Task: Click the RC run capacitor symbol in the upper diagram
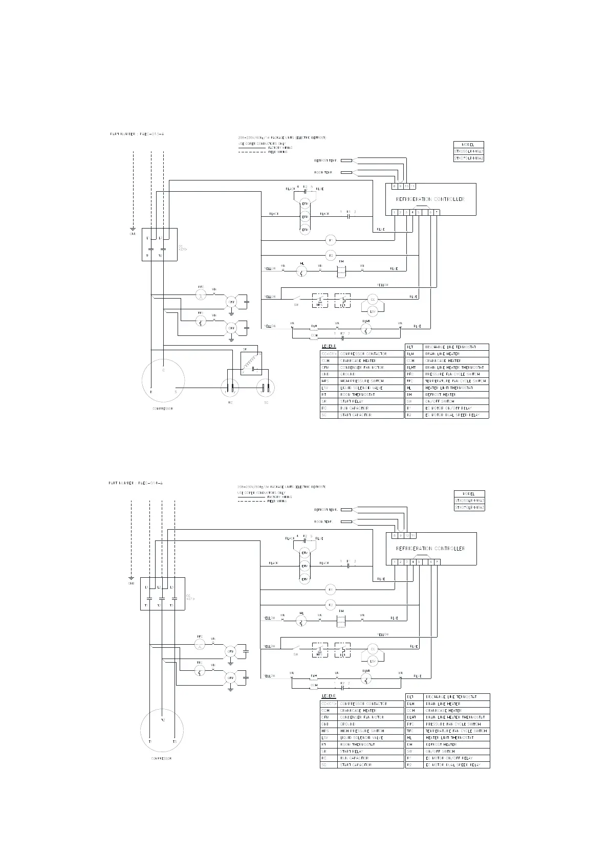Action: pyautogui.click(x=230, y=388)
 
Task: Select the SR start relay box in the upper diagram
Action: pyautogui.click(x=251, y=363)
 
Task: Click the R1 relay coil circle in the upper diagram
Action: pyautogui.click(x=331, y=240)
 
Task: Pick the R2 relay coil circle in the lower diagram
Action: pyautogui.click(x=331, y=605)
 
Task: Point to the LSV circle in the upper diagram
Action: pyautogui.click(x=373, y=311)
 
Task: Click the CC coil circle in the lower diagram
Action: pyautogui.click(x=373, y=648)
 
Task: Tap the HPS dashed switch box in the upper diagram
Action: pyautogui.click(x=320, y=300)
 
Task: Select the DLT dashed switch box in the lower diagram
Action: pyautogui.click(x=342, y=650)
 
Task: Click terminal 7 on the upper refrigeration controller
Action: pyautogui.click(x=437, y=212)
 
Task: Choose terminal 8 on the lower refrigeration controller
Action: pyautogui.click(x=394, y=536)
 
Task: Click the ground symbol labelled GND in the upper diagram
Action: pyautogui.click(x=133, y=229)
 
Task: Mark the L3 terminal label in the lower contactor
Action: pyautogui.click(x=172, y=587)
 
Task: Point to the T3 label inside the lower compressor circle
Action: pyautogui.click(x=174, y=741)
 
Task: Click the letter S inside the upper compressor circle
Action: pyautogui.click(x=176, y=392)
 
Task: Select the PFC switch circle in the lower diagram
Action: pyautogui.click(x=201, y=643)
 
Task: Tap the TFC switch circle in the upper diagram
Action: pyautogui.click(x=201, y=321)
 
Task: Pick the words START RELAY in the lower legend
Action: pyautogui.click(x=351, y=751)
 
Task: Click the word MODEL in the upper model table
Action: pyautogui.click(x=468, y=145)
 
